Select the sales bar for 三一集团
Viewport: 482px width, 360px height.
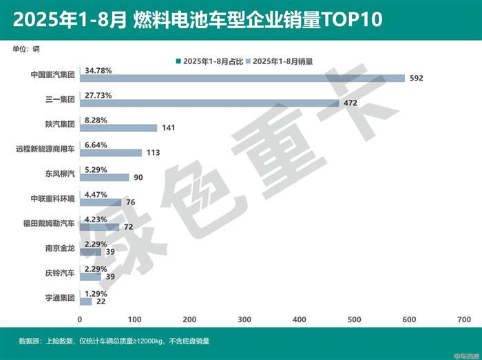[x=209, y=103]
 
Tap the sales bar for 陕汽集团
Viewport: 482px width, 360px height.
[x=118, y=127]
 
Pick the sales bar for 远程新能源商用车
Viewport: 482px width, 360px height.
[x=111, y=152]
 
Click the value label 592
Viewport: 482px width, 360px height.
[x=415, y=78]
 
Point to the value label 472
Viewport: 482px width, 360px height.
[x=350, y=103]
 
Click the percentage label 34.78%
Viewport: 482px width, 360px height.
[x=98, y=70]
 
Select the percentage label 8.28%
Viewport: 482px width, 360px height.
[x=95, y=119]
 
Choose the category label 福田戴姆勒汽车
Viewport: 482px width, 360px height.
[x=49, y=222]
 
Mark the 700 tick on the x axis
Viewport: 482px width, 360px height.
[x=463, y=320]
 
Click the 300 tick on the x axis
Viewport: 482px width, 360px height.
[x=244, y=320]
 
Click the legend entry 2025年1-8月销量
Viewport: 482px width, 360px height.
[x=282, y=61]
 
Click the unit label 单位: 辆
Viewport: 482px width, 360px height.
[x=26, y=48]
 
